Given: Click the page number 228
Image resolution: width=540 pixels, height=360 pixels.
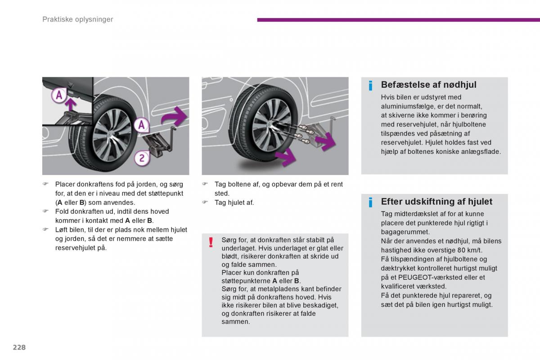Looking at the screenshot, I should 19,347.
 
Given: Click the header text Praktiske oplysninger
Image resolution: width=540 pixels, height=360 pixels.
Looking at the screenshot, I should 77,19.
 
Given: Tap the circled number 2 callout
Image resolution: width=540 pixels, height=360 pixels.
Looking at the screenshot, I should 142,158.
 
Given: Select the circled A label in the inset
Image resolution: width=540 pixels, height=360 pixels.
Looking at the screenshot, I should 58,95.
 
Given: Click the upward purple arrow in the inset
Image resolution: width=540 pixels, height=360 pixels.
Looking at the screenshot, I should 70,104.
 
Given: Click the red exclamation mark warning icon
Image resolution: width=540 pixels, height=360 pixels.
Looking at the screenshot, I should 210,243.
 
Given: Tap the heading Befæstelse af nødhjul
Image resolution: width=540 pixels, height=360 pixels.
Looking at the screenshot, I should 428,85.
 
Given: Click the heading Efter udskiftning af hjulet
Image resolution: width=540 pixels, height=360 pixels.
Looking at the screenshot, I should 436,202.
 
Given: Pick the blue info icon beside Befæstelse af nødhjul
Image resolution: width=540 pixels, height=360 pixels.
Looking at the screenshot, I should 370,85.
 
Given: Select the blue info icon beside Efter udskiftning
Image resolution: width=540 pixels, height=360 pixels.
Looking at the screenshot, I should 370,202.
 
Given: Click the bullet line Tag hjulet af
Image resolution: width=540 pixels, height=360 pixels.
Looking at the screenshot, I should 234,202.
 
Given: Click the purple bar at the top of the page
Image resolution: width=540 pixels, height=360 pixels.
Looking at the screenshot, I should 398,20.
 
